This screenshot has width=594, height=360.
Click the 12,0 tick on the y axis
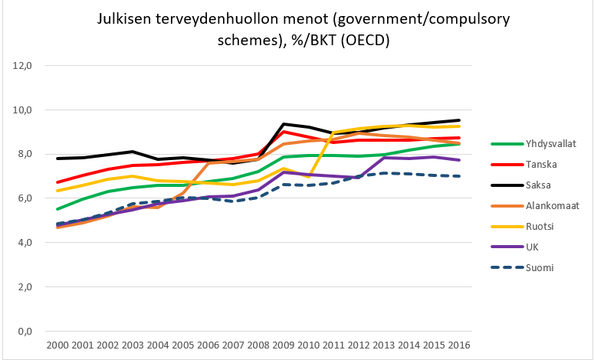point(25,66)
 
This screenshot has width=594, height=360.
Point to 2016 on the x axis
point(458,346)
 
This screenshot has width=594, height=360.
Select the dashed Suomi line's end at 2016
point(458,176)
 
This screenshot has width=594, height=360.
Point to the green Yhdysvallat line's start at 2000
point(57,209)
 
